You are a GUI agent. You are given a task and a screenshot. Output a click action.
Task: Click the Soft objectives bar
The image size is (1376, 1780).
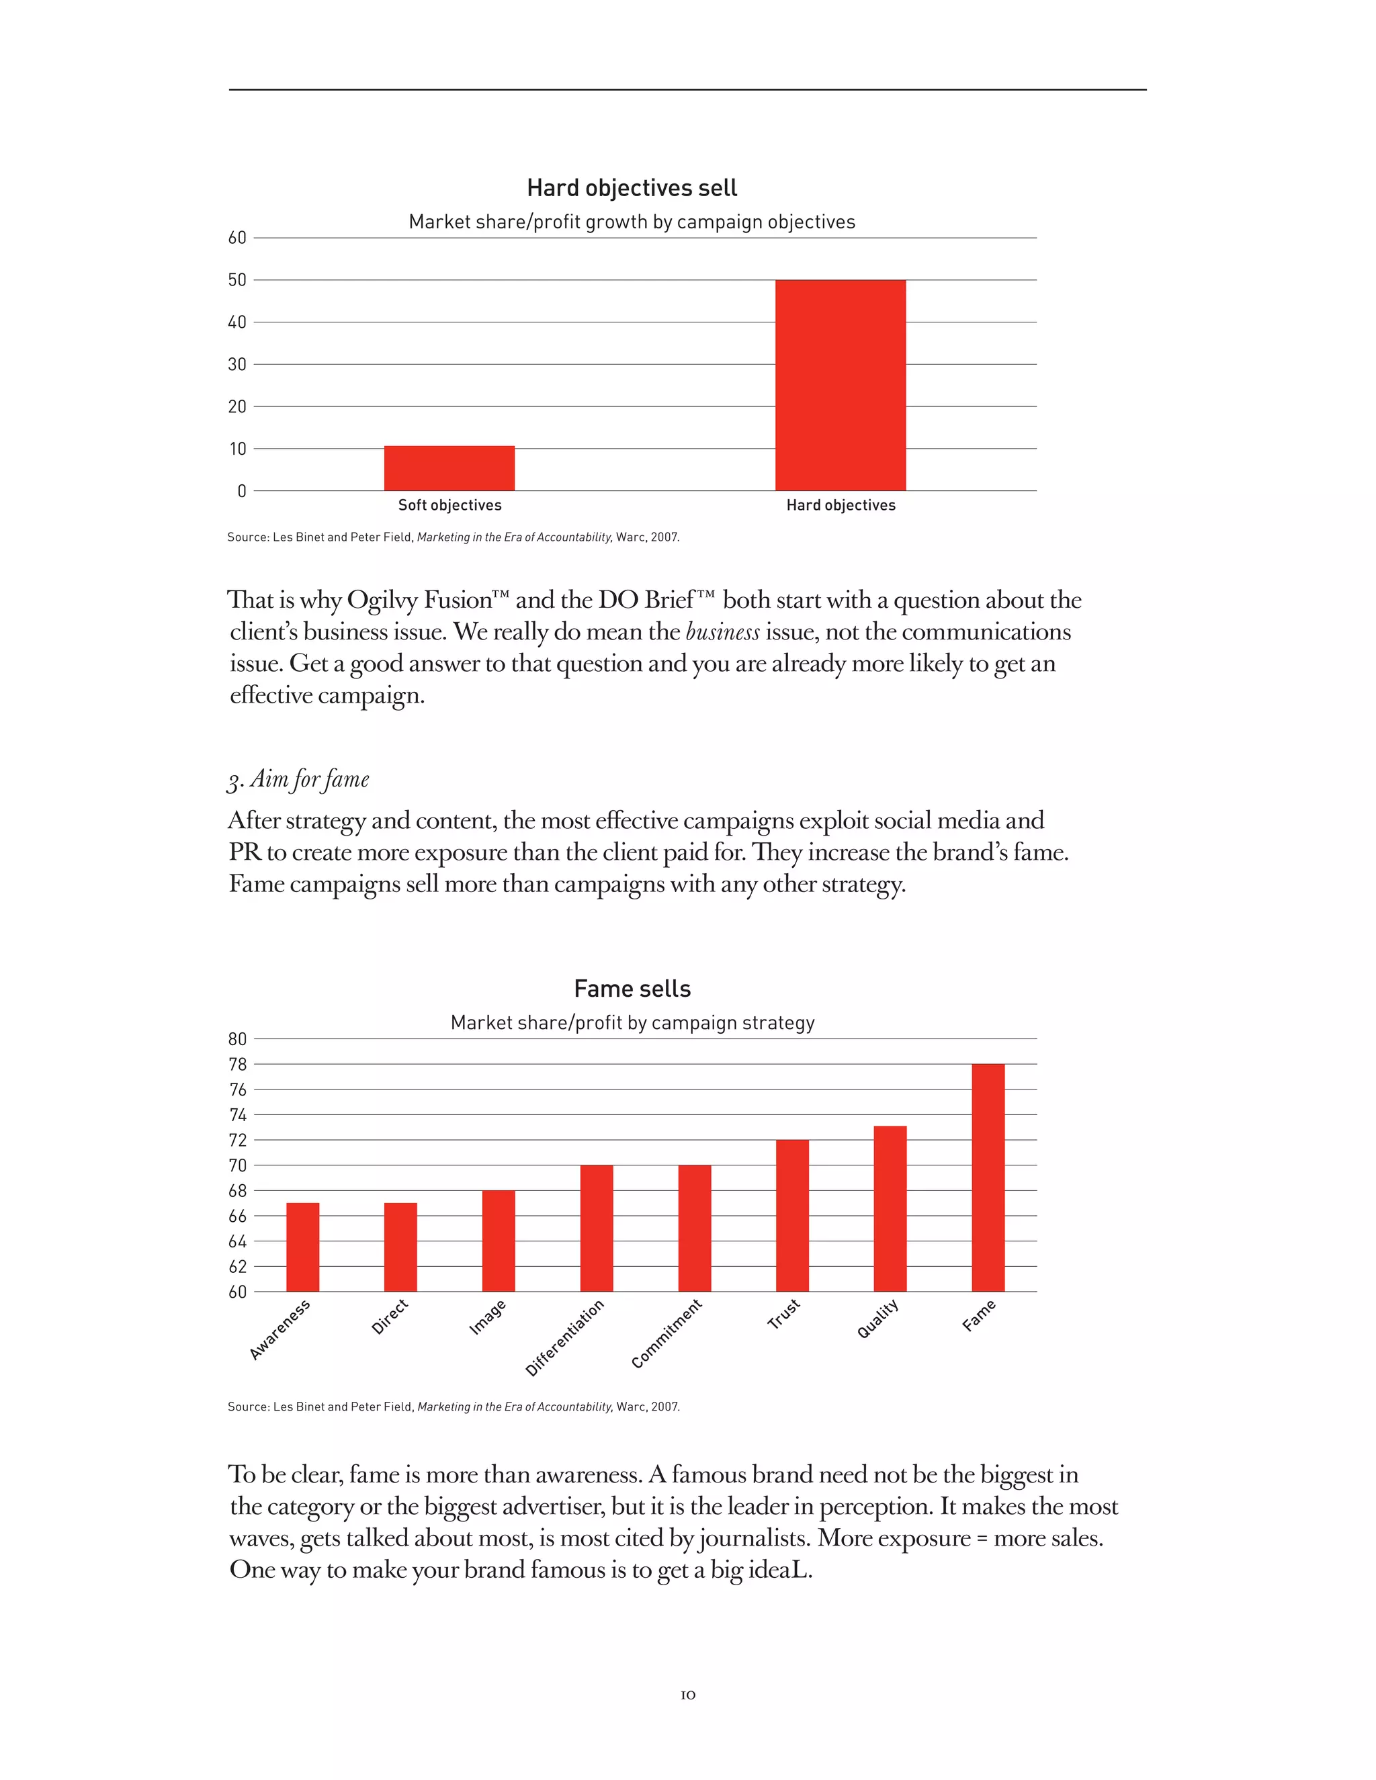click(x=449, y=469)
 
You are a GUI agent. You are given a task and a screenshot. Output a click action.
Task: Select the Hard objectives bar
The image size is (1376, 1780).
click(x=841, y=386)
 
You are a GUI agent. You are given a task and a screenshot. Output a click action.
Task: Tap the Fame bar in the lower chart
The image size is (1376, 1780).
click(x=988, y=1177)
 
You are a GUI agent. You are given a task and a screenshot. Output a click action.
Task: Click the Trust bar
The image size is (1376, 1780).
click(x=792, y=1216)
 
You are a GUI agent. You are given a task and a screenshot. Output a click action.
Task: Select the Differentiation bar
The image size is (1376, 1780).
click(x=597, y=1229)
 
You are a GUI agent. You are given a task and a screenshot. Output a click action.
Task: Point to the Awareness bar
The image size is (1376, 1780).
click(x=302, y=1247)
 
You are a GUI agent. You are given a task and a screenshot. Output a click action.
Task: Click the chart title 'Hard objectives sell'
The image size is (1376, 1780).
click(x=632, y=188)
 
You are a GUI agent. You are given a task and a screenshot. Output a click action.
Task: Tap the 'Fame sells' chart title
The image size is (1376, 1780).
click(x=632, y=989)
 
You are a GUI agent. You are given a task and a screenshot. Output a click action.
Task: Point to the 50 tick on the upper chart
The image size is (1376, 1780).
click(x=237, y=280)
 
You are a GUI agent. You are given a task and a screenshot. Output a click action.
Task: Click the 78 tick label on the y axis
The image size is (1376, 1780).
click(x=237, y=1065)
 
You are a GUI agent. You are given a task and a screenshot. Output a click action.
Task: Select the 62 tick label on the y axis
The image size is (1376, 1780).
click(x=237, y=1267)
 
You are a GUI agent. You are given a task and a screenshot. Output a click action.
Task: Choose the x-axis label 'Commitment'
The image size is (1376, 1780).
click(x=666, y=1333)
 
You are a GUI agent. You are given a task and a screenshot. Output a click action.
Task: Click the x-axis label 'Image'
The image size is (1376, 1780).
click(x=488, y=1317)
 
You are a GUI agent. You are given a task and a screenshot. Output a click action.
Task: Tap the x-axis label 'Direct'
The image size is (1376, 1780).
click(x=390, y=1317)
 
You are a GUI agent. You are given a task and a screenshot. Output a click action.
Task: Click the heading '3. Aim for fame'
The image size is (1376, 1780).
click(x=298, y=780)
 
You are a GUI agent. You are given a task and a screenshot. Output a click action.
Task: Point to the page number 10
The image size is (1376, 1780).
click(x=688, y=1695)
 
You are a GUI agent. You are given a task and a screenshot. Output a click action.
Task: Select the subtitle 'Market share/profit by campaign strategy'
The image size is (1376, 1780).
click(x=632, y=1023)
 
